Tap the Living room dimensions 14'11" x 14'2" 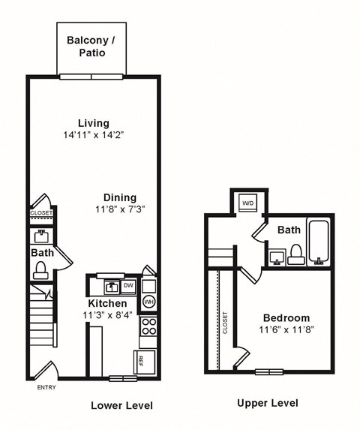[x=94, y=136]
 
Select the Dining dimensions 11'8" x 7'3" [x=120, y=209]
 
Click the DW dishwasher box [x=128, y=285]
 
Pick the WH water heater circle [x=148, y=302]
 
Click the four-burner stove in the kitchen [x=148, y=326]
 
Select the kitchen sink [x=110, y=286]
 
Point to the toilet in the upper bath [x=295, y=254]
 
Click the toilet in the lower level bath [x=42, y=269]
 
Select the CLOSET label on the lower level [x=41, y=214]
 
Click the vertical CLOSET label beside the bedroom [x=225, y=323]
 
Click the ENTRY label [x=46, y=387]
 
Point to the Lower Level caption [x=121, y=406]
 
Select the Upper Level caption [x=267, y=404]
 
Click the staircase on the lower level [x=43, y=318]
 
